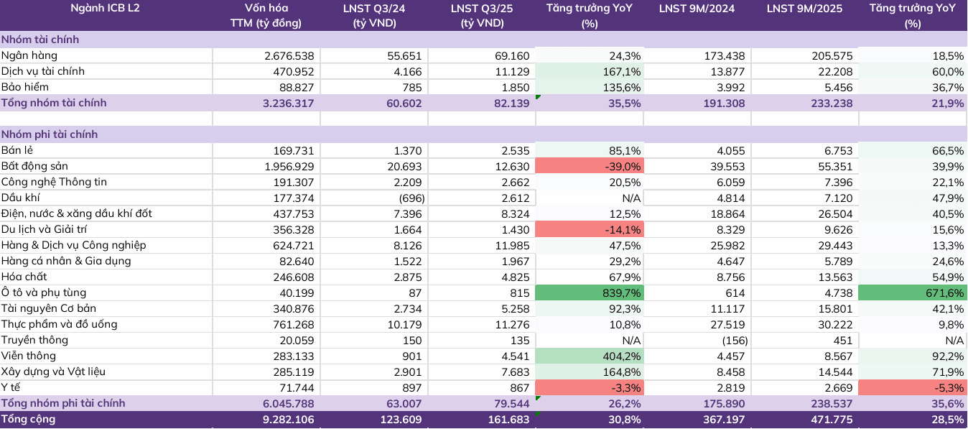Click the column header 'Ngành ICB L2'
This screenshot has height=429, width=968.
[105, 8]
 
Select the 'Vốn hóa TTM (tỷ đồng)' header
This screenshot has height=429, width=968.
[266, 15]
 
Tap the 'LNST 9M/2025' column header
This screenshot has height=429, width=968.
[805, 8]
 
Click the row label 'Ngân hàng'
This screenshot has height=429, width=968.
[29, 55]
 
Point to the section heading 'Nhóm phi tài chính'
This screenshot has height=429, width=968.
[50, 134]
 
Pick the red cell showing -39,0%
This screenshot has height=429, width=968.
[590, 166]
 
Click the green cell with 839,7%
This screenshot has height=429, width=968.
[590, 292]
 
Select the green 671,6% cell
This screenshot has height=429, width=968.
[912, 292]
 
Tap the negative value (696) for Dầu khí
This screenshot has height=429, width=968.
[412, 198]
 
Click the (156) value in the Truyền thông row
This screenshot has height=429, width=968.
[735, 341]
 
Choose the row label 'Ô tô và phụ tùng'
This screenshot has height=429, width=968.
[44, 292]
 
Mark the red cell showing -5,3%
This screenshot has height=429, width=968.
[912, 387]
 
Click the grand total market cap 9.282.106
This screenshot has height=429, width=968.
[288, 420]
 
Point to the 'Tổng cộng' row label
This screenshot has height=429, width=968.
[28, 419]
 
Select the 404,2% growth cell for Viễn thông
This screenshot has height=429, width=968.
[590, 356]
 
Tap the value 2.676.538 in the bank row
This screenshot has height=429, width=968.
[289, 56]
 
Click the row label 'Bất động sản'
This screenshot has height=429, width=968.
[34, 166]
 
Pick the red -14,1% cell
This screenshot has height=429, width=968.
[590, 229]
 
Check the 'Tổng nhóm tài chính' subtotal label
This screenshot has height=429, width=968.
[54, 103]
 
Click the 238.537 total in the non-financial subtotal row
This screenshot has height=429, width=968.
[832, 403]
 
